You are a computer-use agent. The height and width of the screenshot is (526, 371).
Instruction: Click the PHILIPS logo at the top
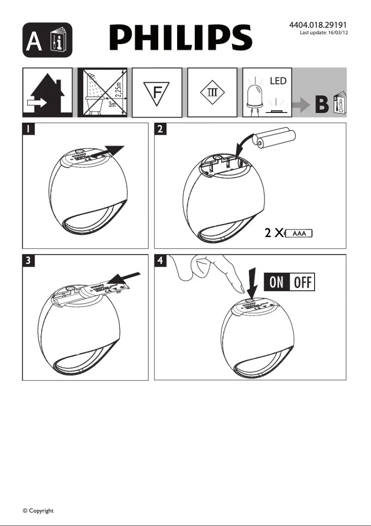[180, 38]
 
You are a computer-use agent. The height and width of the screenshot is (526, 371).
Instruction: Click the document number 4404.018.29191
[318, 25]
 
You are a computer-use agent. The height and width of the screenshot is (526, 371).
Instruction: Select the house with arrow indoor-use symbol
[47, 92]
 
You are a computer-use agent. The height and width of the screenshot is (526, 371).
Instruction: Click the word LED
[278, 81]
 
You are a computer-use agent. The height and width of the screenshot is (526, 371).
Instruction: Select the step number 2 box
[160, 129]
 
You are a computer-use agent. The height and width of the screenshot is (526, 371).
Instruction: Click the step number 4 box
[160, 261]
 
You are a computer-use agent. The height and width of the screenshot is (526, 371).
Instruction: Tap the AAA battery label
[299, 233]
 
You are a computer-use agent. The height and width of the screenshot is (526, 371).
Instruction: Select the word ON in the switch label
[277, 282]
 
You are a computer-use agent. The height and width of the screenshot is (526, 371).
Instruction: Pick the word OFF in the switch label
[303, 282]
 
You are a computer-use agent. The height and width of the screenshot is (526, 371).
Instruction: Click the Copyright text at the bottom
[38, 511]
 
